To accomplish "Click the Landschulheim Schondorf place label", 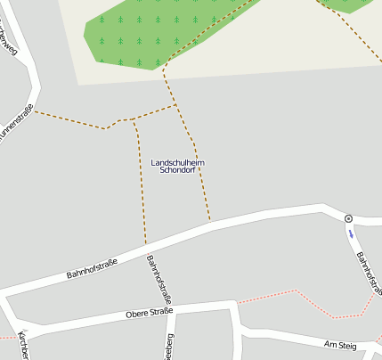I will coord(177,166).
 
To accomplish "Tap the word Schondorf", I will coord(177,170).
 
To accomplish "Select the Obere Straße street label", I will coord(149,313).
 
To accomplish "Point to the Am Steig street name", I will coord(339,344).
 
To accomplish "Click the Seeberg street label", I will coord(167,346).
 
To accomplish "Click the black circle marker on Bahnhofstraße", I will coord(348,218).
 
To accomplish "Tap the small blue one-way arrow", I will coord(351,234).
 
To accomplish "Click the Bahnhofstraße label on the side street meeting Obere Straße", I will coord(158,279).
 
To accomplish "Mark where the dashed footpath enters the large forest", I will coord(166,65).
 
